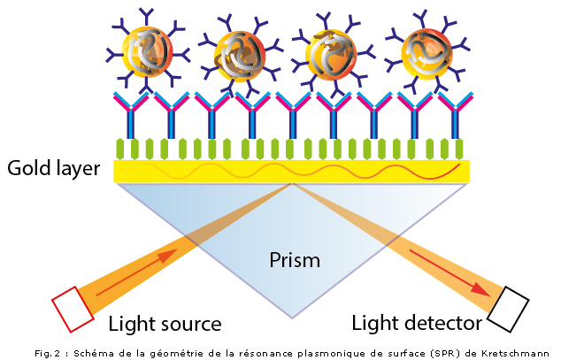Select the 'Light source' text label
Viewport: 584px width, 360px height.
(x=164, y=322)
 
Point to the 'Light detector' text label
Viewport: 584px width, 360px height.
(x=417, y=322)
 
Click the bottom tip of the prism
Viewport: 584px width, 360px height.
(x=292, y=318)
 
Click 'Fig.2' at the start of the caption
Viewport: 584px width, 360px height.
(x=47, y=352)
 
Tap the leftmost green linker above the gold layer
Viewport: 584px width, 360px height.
(x=123, y=148)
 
